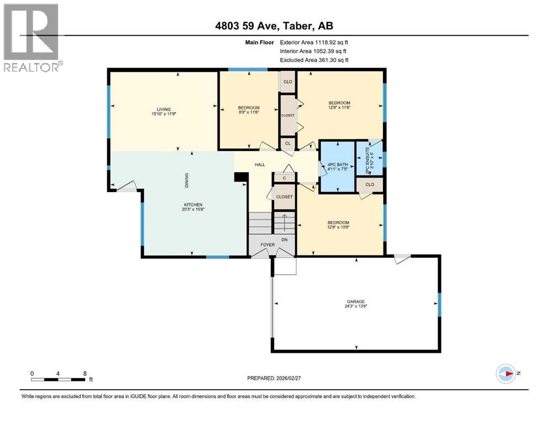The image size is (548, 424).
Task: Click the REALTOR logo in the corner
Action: pos(31,37)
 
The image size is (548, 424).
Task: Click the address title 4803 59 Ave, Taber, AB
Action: pos(274,26)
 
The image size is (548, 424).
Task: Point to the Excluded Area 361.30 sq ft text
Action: pos(315,60)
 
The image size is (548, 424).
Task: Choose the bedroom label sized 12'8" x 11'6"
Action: pos(339,105)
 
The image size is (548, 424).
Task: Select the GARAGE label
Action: pos(356,304)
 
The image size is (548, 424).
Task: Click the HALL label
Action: pos(260,165)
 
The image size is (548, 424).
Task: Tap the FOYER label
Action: pos(267,244)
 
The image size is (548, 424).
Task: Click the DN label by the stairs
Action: pos(285,240)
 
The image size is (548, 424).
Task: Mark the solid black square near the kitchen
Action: pos(239,177)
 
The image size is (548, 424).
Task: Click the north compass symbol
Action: pos(506,373)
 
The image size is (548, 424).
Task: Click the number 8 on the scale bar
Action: pos(84,373)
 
